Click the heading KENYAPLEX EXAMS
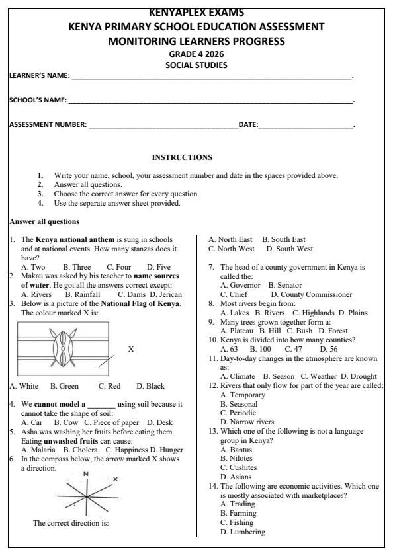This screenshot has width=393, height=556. click(196, 12)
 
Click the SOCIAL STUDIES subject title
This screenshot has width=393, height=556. click(196, 65)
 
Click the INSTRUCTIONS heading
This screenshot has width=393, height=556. click(182, 157)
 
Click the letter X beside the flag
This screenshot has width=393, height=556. click(130, 349)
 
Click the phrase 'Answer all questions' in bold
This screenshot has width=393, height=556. click(44, 221)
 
